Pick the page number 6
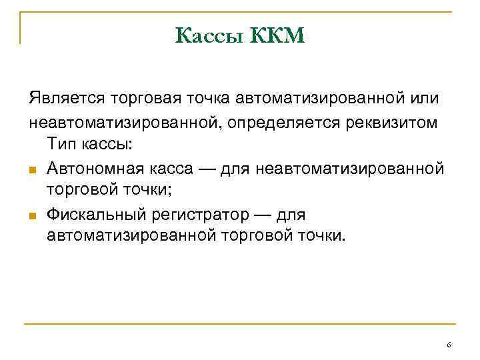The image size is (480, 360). coord(449,345)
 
